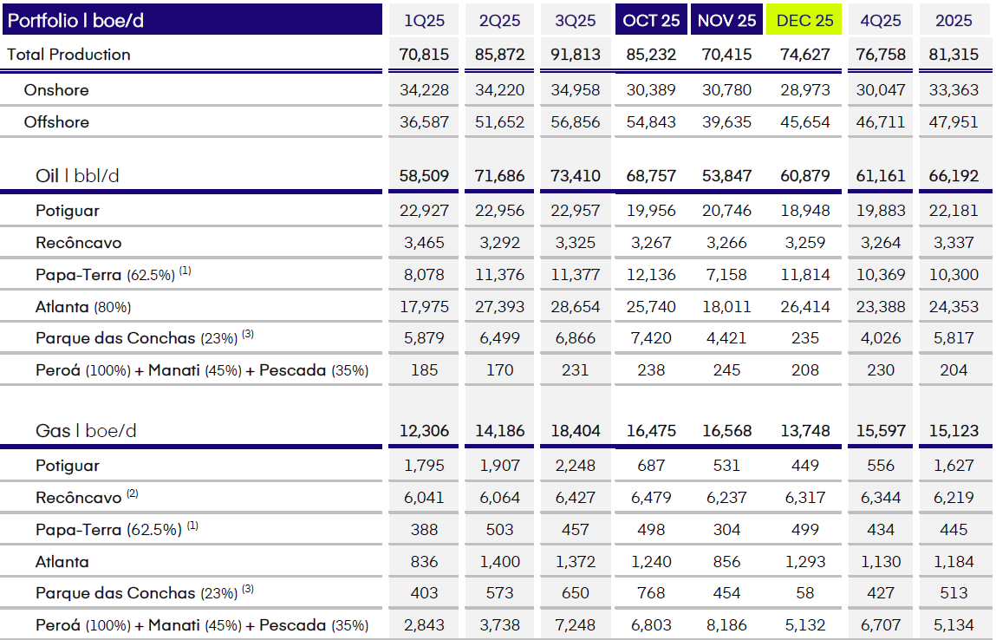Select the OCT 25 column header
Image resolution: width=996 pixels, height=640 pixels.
[652, 20]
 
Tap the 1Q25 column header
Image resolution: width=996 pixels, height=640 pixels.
[425, 20]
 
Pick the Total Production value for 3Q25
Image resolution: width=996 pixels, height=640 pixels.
[576, 55]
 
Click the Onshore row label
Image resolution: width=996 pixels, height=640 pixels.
[56, 90]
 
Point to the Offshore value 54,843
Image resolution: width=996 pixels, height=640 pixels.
[651, 122]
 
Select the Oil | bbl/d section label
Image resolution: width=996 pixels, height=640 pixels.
[77, 176]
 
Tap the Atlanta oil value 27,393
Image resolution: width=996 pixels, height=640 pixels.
[500, 306]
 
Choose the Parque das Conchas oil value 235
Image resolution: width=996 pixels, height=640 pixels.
[805, 338]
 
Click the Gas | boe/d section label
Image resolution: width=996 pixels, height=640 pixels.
[86, 431]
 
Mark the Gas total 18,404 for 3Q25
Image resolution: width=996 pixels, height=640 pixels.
[576, 431]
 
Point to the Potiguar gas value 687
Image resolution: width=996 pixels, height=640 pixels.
[651, 466]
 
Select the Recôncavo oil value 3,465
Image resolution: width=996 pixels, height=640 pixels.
[425, 243]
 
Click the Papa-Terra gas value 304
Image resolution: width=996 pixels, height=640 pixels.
[726, 530]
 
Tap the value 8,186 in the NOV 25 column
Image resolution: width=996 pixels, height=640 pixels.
[726, 625]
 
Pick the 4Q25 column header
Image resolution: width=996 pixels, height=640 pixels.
[881, 20]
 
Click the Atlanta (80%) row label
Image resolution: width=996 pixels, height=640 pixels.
[83, 306]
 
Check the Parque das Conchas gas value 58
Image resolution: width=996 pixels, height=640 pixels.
[805, 593]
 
